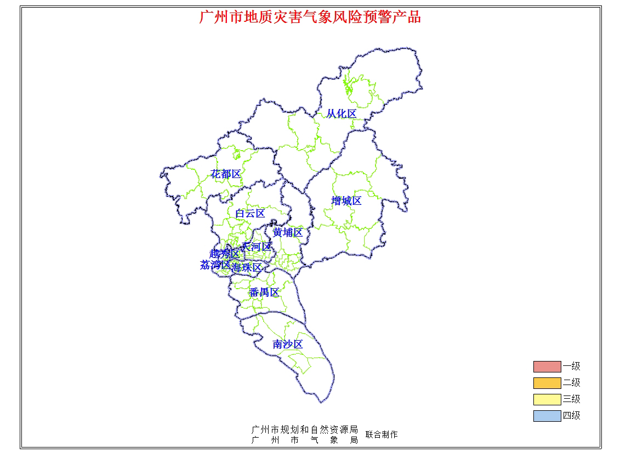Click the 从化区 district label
click(x=342, y=114)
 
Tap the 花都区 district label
click(x=226, y=174)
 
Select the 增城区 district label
click(x=346, y=201)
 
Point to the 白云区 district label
click(x=250, y=214)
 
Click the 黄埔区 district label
click(x=288, y=233)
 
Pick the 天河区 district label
click(x=257, y=247)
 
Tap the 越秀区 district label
click(x=224, y=254)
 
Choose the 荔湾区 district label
click(x=215, y=265)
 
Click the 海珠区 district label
click(x=246, y=268)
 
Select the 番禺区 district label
click(x=264, y=293)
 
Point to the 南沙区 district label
click(x=288, y=345)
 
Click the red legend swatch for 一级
click(x=547, y=366)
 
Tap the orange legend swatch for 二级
click(x=547, y=383)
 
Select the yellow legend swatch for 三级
click(x=547, y=399)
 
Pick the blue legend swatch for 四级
click(x=547, y=416)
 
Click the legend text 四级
click(x=571, y=416)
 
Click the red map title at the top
click(x=310, y=17)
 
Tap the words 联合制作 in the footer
click(x=382, y=434)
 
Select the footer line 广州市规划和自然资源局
click(x=304, y=429)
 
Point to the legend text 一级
click(x=571, y=366)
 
